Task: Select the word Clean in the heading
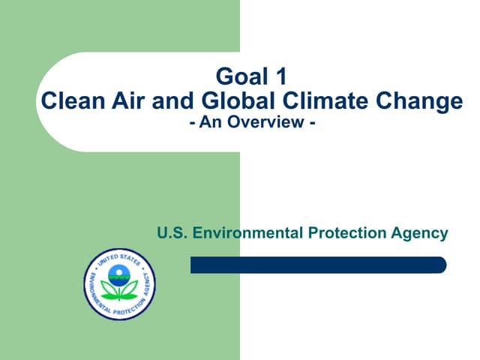[67, 100]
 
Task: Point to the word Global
[217, 100]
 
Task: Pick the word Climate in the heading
[295, 100]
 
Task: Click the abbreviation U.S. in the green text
[172, 233]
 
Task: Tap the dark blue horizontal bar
[318, 265]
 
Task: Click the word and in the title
[168, 100]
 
